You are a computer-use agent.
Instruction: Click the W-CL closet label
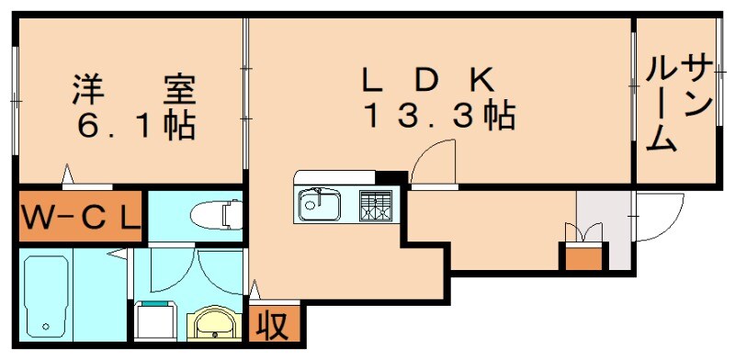coord(79,218)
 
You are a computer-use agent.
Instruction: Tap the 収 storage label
coord(267,325)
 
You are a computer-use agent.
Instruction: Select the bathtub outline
coord(45,295)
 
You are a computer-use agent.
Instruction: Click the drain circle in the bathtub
coord(44,326)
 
